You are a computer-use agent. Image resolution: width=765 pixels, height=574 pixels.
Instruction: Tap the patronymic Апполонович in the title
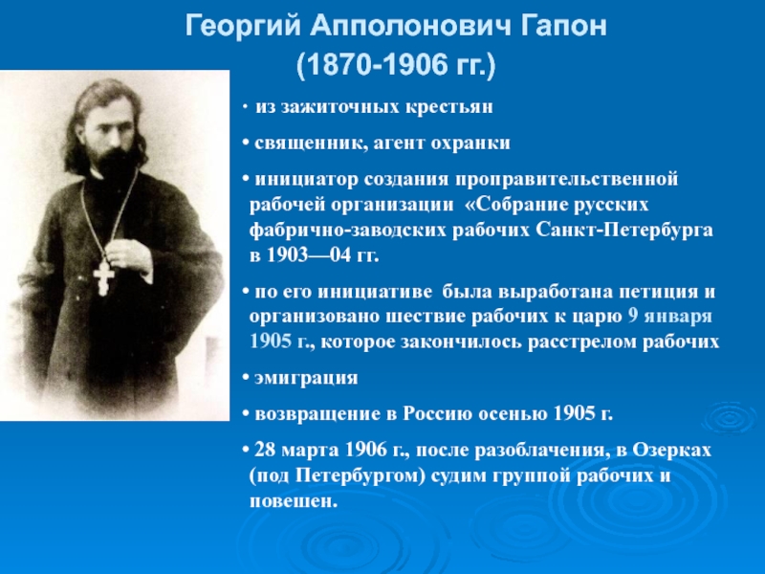[410, 26]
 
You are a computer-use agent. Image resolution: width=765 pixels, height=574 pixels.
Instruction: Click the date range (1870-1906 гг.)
[396, 65]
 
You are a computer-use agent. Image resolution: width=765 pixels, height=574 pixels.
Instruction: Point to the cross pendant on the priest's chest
[103, 278]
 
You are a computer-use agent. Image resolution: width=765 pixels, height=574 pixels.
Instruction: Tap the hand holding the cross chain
[128, 254]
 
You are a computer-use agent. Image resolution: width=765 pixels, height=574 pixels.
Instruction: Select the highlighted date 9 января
[669, 317]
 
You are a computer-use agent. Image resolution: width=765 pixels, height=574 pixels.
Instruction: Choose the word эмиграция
[306, 378]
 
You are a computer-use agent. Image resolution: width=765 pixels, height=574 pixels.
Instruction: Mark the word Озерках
[671, 450]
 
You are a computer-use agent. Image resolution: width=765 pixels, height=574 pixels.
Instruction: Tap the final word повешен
[294, 500]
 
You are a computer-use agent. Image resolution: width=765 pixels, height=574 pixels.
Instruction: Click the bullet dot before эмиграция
[246, 378]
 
